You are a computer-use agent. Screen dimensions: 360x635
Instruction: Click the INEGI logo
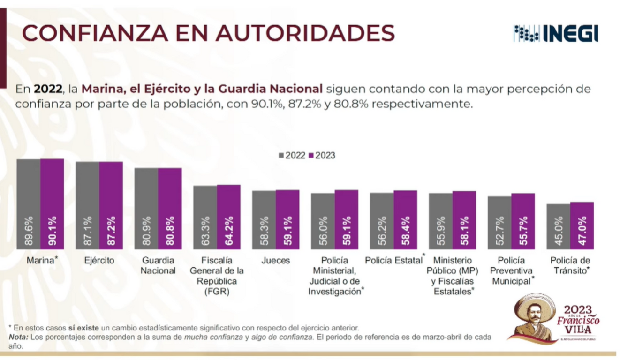[556, 33]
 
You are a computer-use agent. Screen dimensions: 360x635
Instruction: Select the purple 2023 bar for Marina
[52, 204]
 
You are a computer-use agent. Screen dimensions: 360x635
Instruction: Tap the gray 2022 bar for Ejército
[87, 205]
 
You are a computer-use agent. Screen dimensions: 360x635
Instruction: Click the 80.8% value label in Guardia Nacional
[170, 231]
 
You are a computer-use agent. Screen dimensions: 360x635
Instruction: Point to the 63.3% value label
[205, 231]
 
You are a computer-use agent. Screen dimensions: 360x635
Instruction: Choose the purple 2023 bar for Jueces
[287, 219]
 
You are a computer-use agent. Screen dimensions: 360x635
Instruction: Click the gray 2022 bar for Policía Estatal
[382, 221]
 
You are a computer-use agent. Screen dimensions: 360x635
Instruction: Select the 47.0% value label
[582, 231]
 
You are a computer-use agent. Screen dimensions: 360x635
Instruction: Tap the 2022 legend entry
[292, 156]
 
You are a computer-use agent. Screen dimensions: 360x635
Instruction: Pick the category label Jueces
[276, 261]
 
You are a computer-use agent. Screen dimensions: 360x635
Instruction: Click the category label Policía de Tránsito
[570, 265]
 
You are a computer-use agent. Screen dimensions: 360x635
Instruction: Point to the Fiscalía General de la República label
[217, 276]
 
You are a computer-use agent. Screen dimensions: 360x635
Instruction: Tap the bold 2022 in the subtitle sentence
[48, 89]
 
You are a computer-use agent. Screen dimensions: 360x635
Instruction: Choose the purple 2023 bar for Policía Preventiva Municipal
[523, 221]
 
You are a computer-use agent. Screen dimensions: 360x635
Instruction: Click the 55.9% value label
[441, 231]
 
